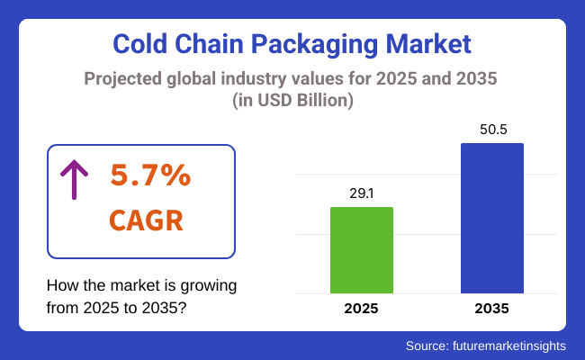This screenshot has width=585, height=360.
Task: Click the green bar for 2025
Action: click(x=362, y=250)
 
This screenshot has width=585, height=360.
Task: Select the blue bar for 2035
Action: click(x=491, y=218)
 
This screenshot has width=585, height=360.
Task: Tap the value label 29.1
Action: click(x=362, y=193)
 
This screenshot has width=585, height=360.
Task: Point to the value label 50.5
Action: click(x=491, y=130)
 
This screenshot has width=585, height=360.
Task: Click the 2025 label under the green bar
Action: click(x=362, y=309)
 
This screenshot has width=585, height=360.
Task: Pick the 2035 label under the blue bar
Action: click(x=491, y=309)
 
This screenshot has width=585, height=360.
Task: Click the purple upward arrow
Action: click(x=73, y=179)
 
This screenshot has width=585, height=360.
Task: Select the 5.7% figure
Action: click(x=150, y=176)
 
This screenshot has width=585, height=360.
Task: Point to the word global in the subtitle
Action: click(x=201, y=78)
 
